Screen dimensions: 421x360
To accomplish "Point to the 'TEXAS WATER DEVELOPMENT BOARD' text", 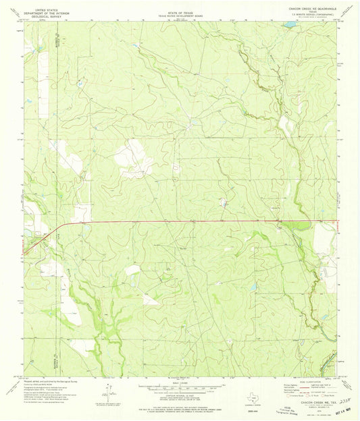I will coord(180,11).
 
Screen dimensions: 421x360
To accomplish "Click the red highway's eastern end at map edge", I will coord(336,221).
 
